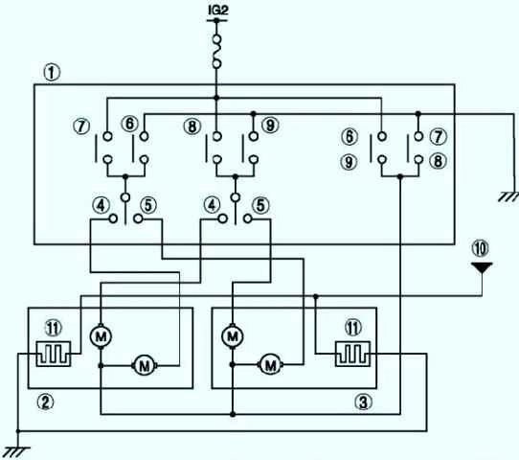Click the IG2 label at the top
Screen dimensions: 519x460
[x=218, y=10]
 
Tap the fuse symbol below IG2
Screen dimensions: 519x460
[x=216, y=52]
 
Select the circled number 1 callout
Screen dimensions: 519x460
[x=52, y=73]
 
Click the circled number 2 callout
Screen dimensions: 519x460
[x=45, y=402]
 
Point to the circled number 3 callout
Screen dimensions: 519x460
[x=363, y=402]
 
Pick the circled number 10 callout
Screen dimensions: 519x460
[x=481, y=248]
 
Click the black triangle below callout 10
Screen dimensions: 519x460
[x=482, y=267]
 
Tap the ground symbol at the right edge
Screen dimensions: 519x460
[x=508, y=197]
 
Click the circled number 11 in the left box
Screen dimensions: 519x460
[x=53, y=329]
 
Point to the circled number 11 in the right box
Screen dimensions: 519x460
[x=352, y=328]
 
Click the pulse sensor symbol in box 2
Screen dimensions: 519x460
[x=54, y=354]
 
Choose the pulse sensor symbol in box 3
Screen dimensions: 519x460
[x=352, y=354]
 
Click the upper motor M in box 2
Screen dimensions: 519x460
[x=101, y=336]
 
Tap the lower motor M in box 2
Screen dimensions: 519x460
[x=145, y=366]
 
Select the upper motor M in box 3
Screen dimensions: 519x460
[x=233, y=336]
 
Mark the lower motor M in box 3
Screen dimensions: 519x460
[x=270, y=365]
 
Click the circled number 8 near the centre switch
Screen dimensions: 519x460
[x=192, y=126]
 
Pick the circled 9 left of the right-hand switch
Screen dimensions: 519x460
[x=350, y=162]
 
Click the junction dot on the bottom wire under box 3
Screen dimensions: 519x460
[x=233, y=414]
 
